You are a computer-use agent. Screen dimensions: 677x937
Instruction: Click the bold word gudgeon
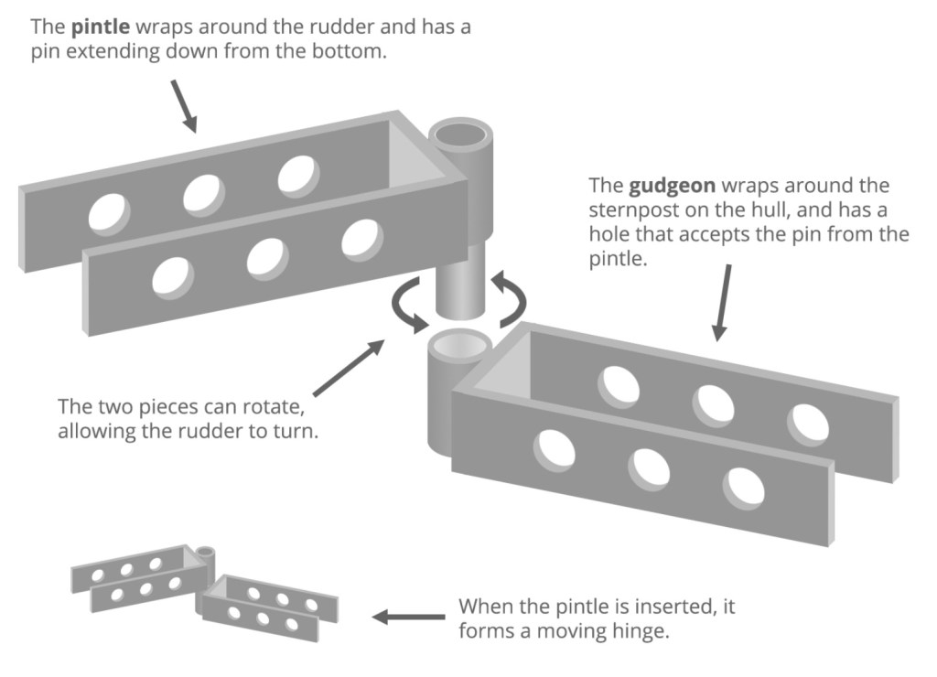click(662, 186)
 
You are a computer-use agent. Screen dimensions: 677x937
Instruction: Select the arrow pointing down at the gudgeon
click(724, 303)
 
